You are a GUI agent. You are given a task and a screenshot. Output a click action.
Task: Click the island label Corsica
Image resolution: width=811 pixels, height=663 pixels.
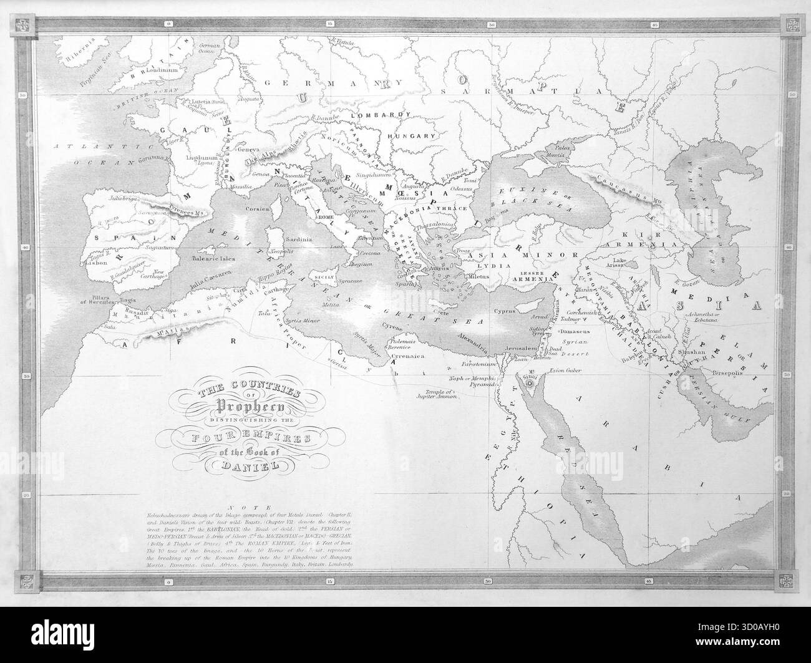pyautogui.click(x=257, y=208)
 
